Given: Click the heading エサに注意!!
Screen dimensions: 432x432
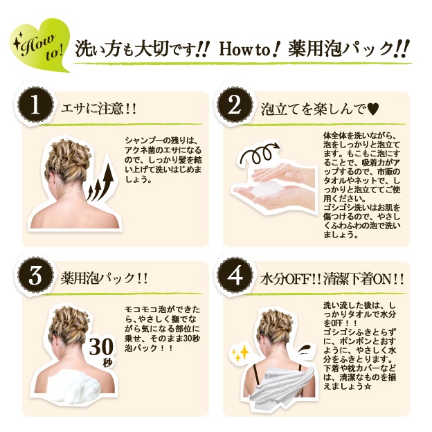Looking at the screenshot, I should click(98, 109).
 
